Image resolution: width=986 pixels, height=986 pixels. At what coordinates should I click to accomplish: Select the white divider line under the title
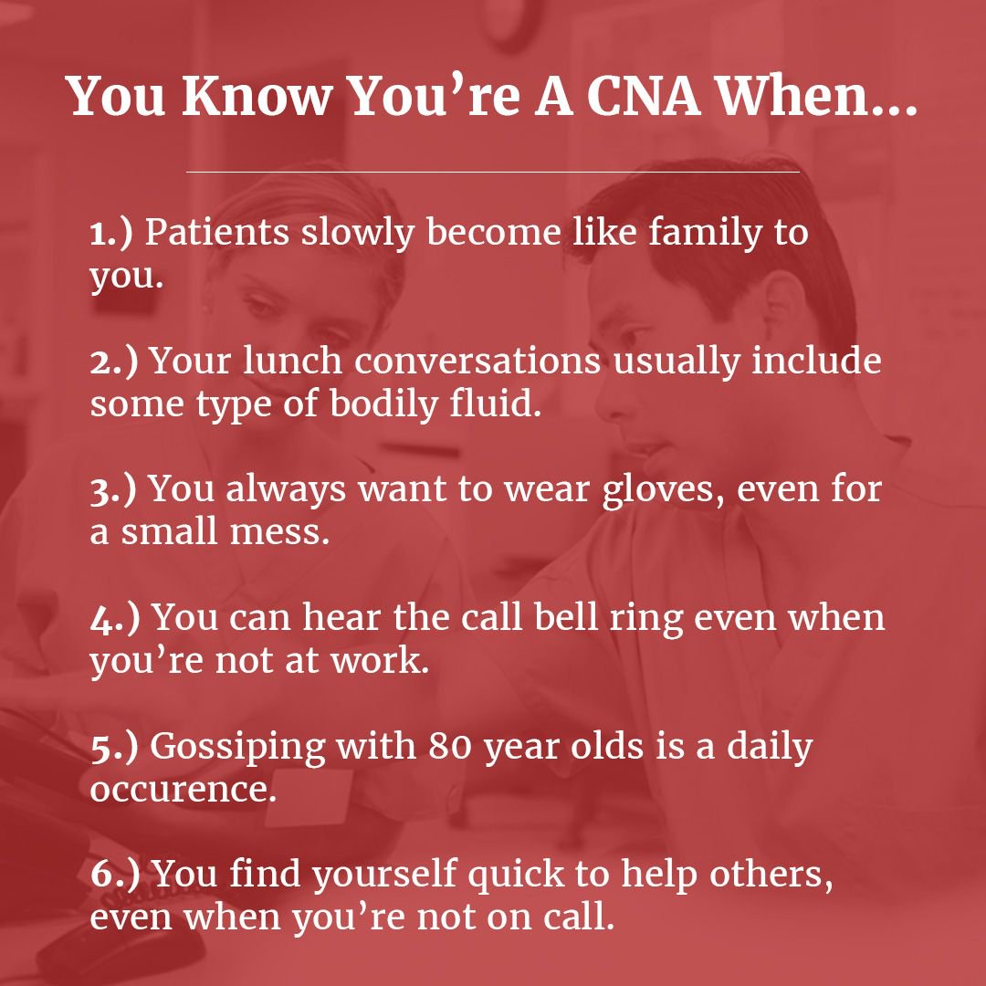(x=493, y=172)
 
